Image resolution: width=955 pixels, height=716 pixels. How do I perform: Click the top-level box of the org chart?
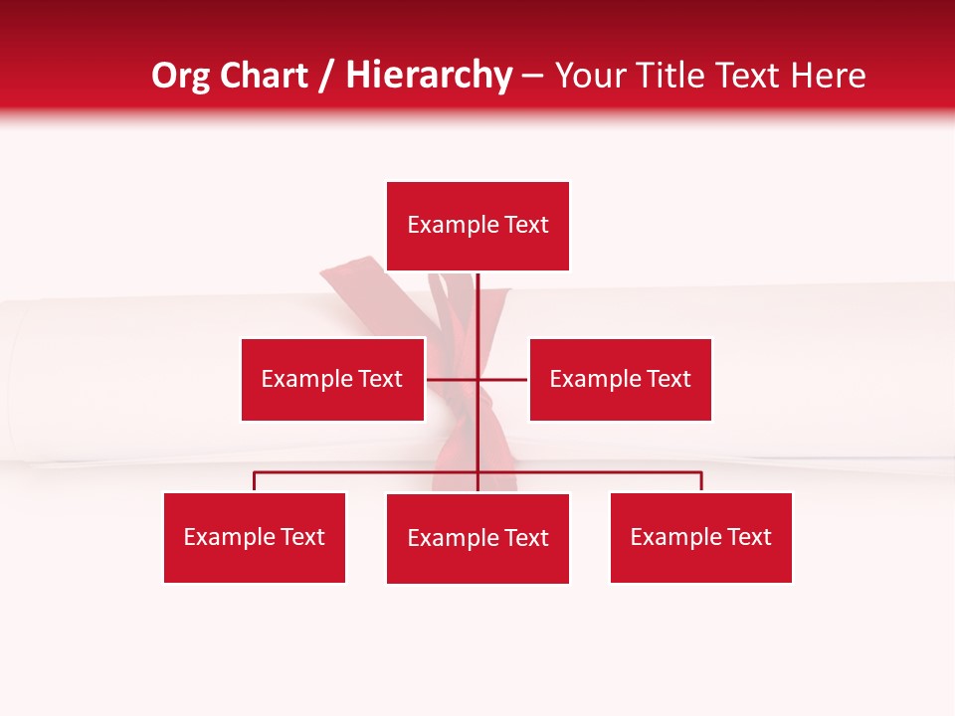pos(477,226)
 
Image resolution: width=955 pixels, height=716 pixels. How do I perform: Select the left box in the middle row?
pos(332,379)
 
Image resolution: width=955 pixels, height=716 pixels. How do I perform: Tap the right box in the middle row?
pos(620,379)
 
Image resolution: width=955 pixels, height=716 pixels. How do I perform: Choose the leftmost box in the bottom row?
pos(255,537)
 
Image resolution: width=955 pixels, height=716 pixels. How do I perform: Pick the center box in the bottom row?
pos(477,538)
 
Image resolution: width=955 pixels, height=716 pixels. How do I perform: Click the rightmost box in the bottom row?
pos(701,537)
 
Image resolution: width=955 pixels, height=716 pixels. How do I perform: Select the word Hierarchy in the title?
pos(429,76)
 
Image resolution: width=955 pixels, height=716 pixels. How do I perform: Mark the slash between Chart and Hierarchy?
pos(326,76)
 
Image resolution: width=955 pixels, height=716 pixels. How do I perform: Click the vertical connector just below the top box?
pos(478,298)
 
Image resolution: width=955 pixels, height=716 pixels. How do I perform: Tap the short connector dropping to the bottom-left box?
pos(255,481)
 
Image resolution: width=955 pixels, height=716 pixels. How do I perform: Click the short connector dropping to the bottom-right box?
pos(701,481)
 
